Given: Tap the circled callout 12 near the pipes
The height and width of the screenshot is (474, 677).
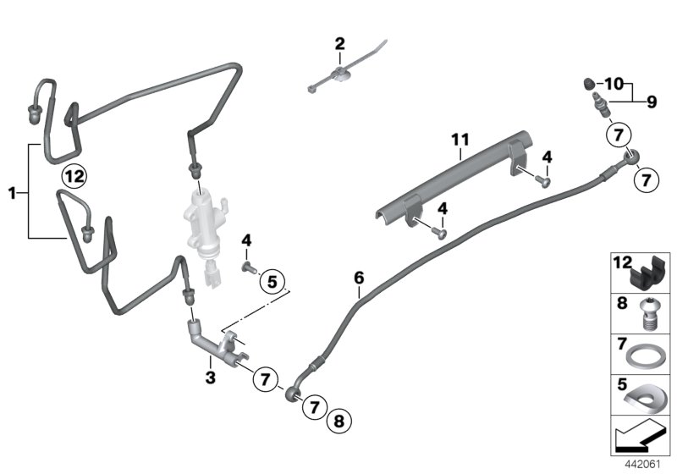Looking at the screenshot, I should tap(74, 177).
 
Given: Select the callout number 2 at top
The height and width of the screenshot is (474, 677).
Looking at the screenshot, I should tap(339, 43).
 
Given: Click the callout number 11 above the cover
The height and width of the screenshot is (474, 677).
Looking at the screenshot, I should tap(459, 140).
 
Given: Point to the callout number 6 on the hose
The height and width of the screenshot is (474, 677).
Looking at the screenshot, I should tap(359, 278).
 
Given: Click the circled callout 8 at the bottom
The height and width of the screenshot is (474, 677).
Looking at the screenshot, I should tap(339, 419).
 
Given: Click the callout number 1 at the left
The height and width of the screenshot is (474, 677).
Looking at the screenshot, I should tap(13, 194).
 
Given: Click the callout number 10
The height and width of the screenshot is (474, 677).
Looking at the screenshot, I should tap(613, 83).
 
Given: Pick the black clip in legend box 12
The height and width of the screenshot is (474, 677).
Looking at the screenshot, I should tap(648, 273).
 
